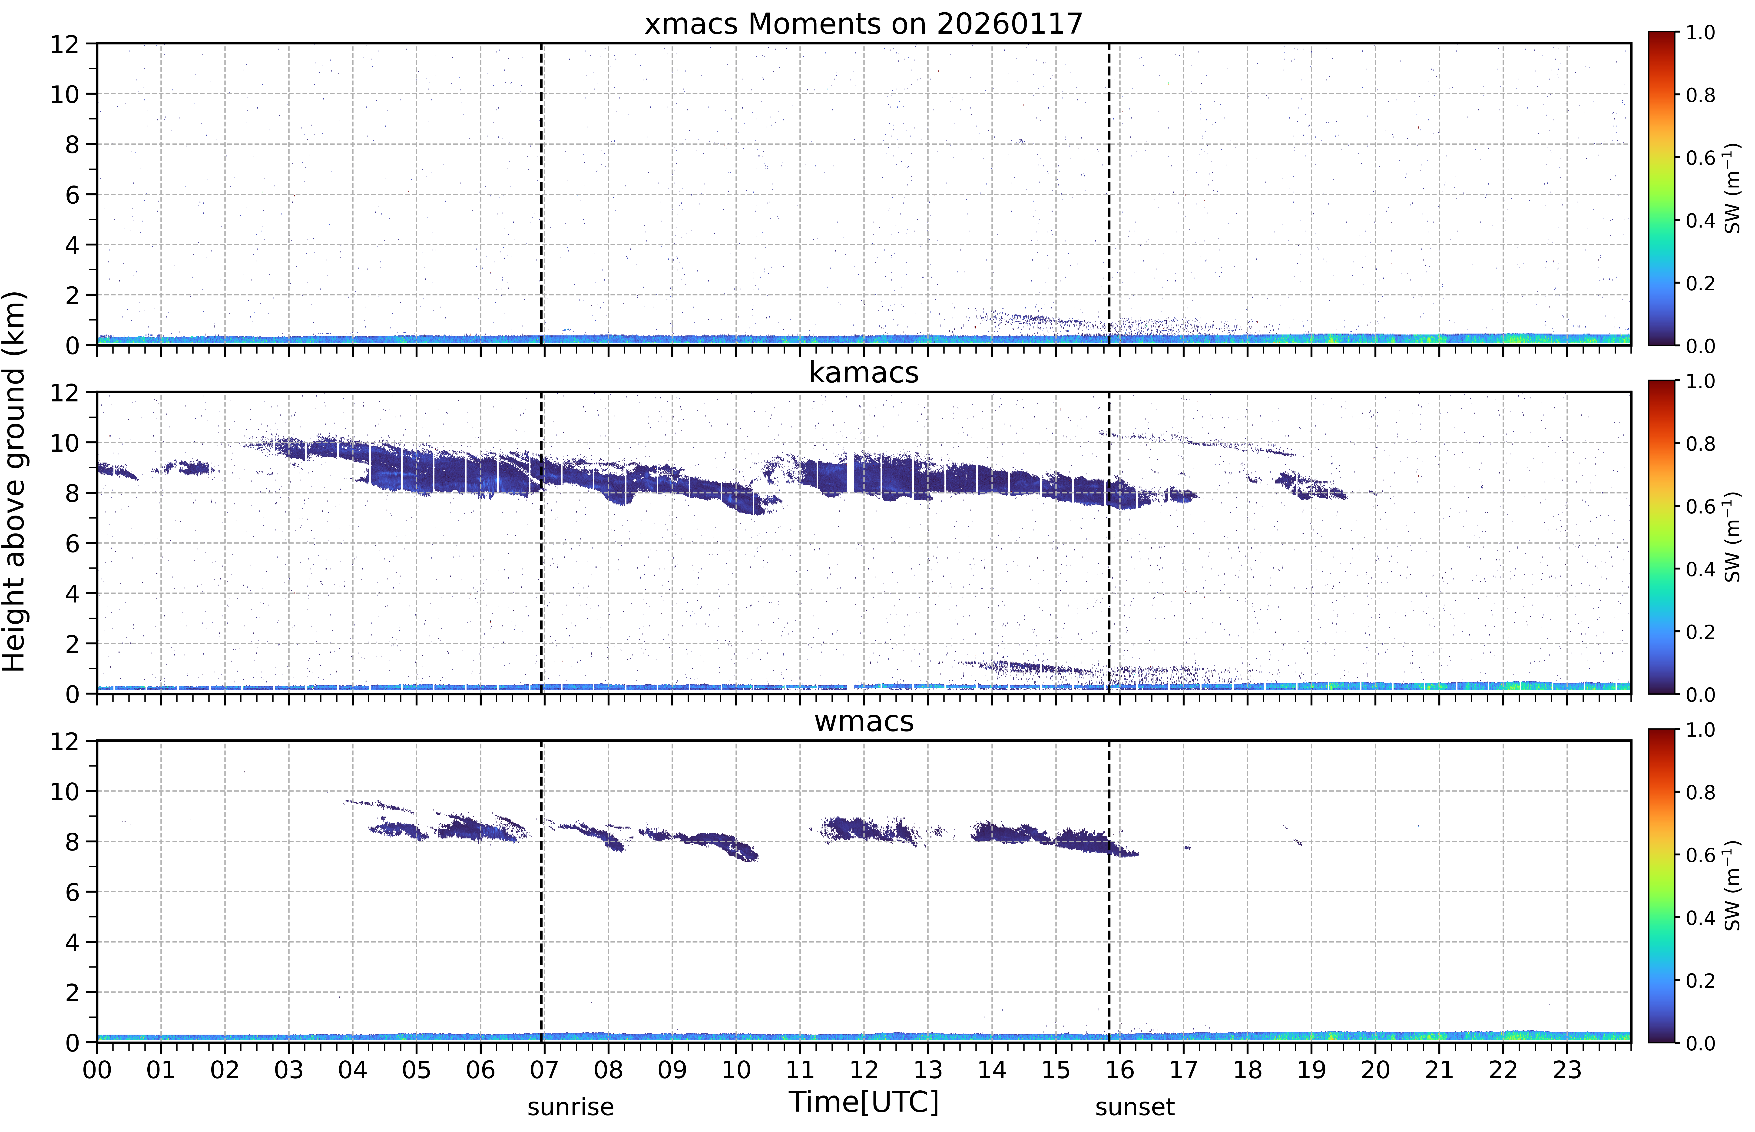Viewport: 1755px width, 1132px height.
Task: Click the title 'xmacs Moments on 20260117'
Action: (864, 24)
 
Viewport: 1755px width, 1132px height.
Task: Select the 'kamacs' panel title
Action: (864, 373)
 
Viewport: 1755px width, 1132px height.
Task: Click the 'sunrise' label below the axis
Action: (570, 1107)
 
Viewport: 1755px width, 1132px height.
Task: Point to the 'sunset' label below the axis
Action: (1135, 1107)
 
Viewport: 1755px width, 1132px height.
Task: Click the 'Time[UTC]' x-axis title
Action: (864, 1103)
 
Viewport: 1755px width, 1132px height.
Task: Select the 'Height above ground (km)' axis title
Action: (14, 481)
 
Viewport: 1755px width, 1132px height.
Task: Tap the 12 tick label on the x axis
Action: (864, 1070)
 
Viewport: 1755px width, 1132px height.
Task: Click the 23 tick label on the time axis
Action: (1567, 1070)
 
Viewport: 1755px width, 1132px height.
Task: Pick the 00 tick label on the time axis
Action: (97, 1070)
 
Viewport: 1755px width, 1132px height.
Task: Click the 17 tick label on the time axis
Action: (1183, 1070)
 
